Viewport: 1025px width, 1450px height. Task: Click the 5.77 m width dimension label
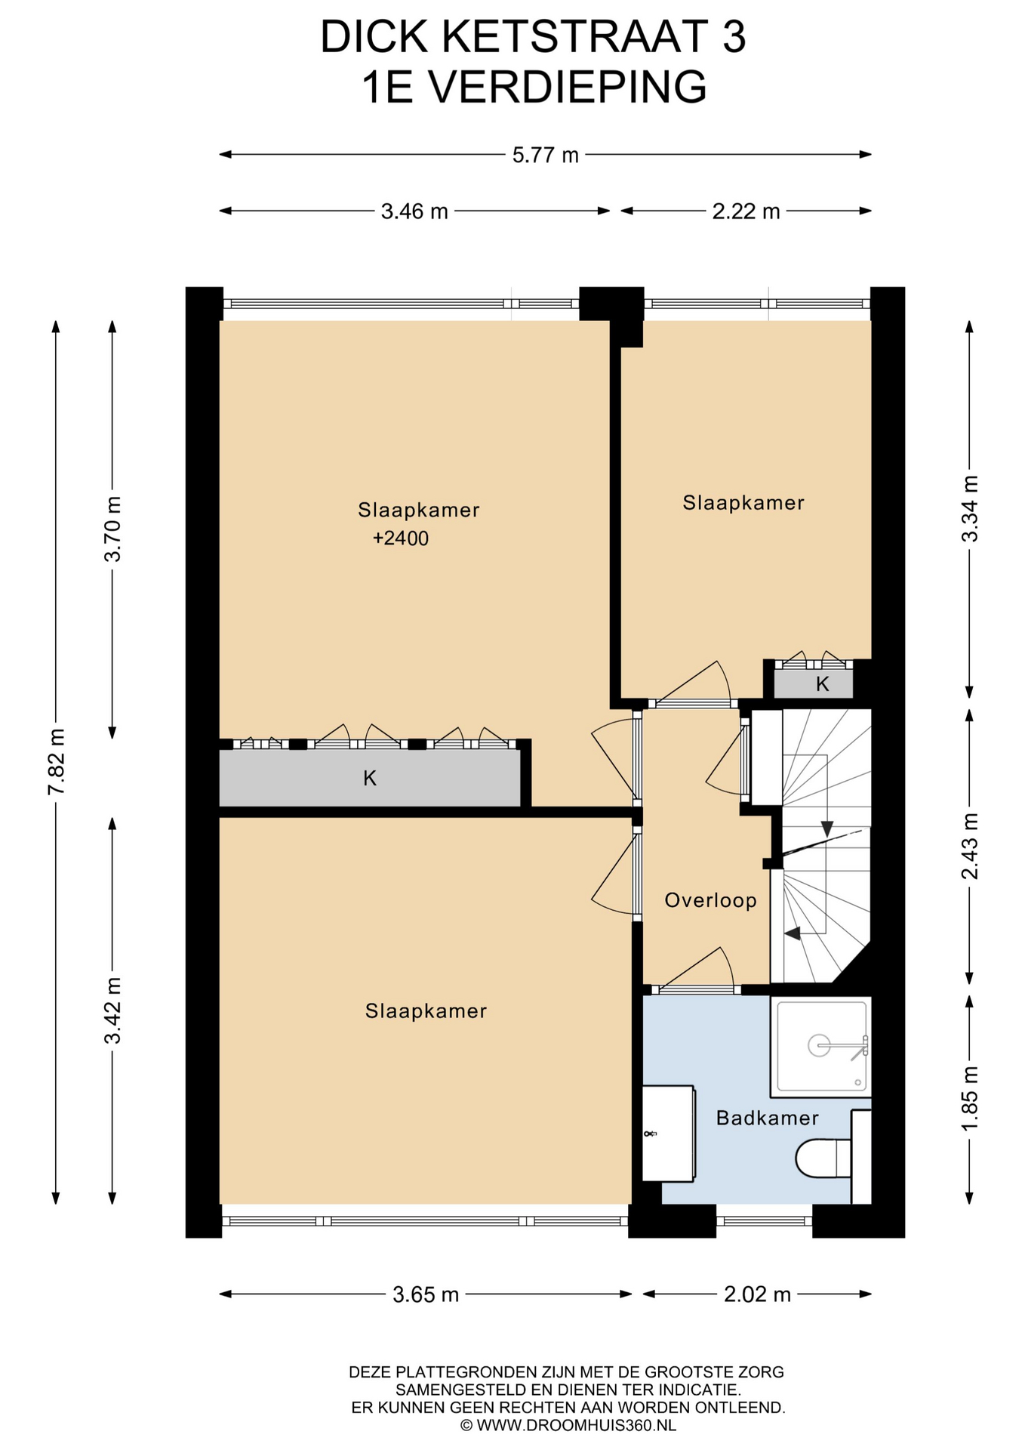click(545, 155)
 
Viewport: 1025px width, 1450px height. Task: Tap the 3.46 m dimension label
click(414, 211)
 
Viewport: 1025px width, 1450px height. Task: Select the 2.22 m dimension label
click(746, 211)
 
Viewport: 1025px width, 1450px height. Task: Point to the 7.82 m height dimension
click(56, 761)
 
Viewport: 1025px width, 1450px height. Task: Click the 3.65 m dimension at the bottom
click(426, 1294)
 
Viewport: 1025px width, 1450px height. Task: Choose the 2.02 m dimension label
click(757, 1294)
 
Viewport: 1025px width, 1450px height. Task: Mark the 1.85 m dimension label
click(970, 1098)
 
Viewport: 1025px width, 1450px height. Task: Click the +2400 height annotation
click(401, 538)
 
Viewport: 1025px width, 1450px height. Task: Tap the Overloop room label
click(710, 900)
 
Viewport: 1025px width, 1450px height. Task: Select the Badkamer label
click(768, 1118)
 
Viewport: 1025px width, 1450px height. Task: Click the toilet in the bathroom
click(823, 1158)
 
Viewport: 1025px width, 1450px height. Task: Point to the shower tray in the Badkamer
click(821, 1047)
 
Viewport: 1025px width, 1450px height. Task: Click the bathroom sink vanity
click(668, 1134)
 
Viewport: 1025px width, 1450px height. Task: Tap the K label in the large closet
click(370, 778)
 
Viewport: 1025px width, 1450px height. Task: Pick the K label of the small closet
click(823, 684)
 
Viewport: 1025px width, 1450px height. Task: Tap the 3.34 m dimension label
click(970, 508)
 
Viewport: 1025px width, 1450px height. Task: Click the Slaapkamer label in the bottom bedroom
click(426, 1010)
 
